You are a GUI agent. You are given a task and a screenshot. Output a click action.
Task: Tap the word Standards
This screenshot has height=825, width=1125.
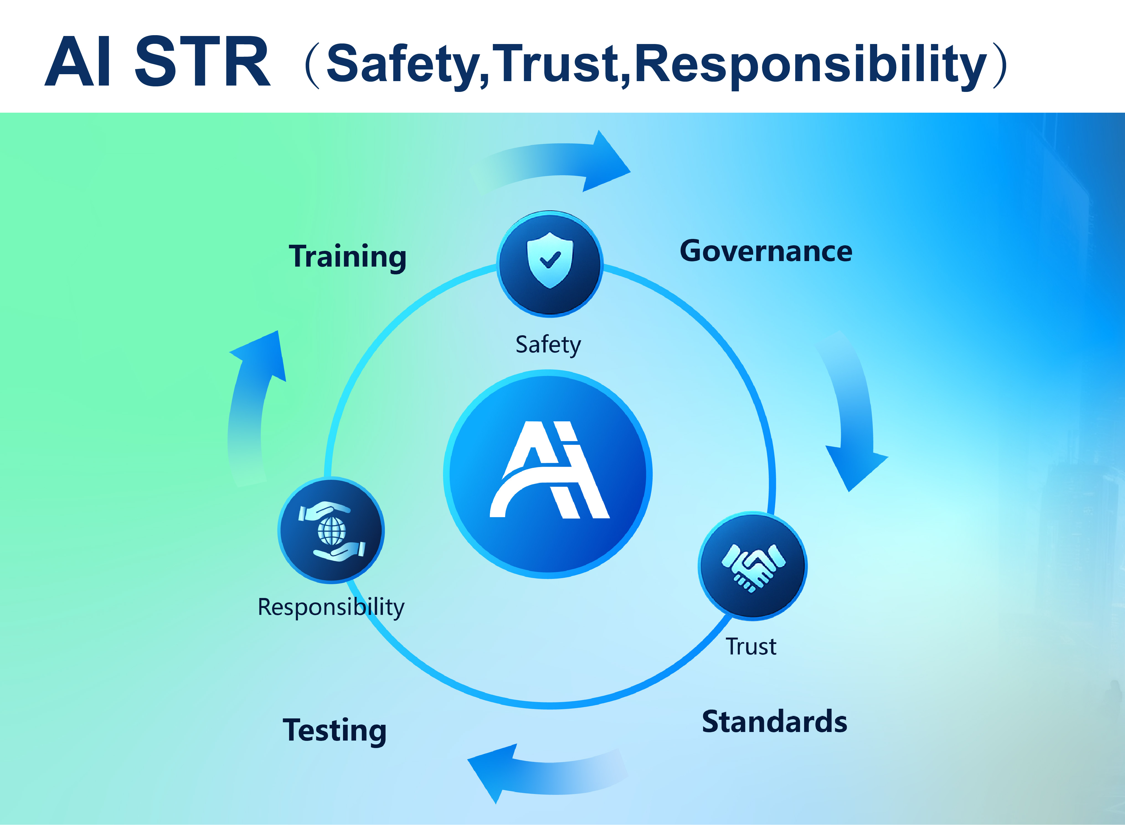point(774,722)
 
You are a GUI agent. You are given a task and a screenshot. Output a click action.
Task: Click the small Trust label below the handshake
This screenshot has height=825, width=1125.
point(751,647)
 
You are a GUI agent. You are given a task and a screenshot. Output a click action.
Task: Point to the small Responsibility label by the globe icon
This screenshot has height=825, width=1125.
point(331,608)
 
